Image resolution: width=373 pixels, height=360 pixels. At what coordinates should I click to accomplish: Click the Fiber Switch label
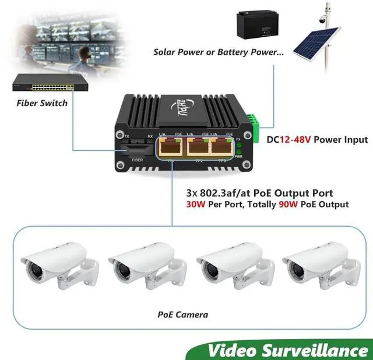pyautogui.click(x=42, y=103)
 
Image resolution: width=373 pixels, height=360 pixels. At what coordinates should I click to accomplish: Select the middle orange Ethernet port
pyautogui.click(x=199, y=147)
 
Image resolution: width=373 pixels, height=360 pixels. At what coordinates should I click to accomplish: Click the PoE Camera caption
pyautogui.click(x=182, y=315)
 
